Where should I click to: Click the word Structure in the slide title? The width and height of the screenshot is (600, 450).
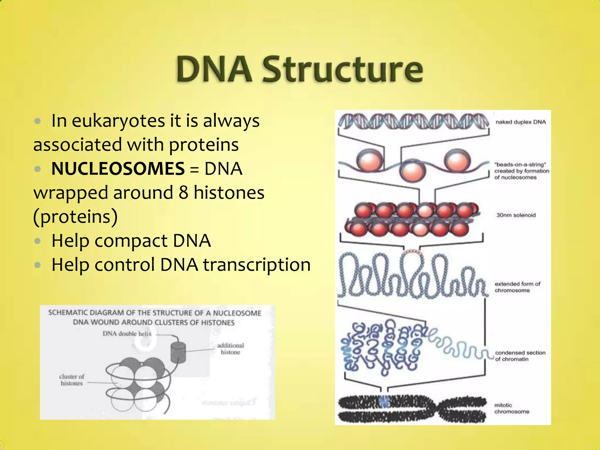(342, 70)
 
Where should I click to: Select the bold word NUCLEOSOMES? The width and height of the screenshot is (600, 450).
(118, 169)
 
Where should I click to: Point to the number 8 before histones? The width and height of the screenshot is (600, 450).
(183, 193)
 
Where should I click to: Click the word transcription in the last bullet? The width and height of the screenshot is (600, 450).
(257, 265)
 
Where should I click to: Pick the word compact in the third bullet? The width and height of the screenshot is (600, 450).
(131, 241)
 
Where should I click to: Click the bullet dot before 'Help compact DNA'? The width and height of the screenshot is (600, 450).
(37, 241)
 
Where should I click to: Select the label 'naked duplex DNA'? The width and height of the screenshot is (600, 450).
(521, 122)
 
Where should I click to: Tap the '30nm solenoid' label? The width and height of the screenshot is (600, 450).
(516, 215)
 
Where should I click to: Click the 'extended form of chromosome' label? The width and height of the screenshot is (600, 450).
(517, 287)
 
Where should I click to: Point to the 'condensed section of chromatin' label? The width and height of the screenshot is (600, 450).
(520, 356)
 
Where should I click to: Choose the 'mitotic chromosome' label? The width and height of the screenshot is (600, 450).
(512, 408)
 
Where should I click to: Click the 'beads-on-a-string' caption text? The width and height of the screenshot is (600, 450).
(521, 171)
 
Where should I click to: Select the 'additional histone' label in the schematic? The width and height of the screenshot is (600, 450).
(230, 349)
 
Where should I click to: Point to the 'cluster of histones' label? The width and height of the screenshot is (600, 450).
(71, 380)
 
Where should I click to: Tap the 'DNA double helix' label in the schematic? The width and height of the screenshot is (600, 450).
(127, 334)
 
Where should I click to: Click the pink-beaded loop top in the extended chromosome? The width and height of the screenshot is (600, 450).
(412, 251)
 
